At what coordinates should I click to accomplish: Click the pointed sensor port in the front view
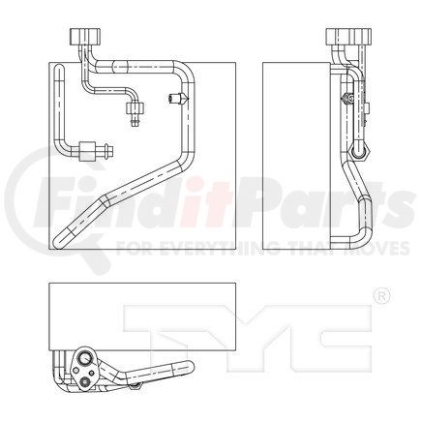coord(176,99)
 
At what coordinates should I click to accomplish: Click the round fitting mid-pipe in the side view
coord(360,153)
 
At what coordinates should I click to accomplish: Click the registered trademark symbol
coord(381,295)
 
